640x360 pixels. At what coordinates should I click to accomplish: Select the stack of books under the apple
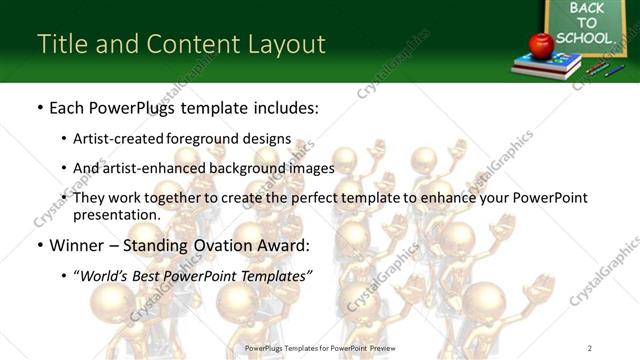point(546,66)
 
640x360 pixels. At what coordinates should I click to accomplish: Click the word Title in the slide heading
point(60,44)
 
